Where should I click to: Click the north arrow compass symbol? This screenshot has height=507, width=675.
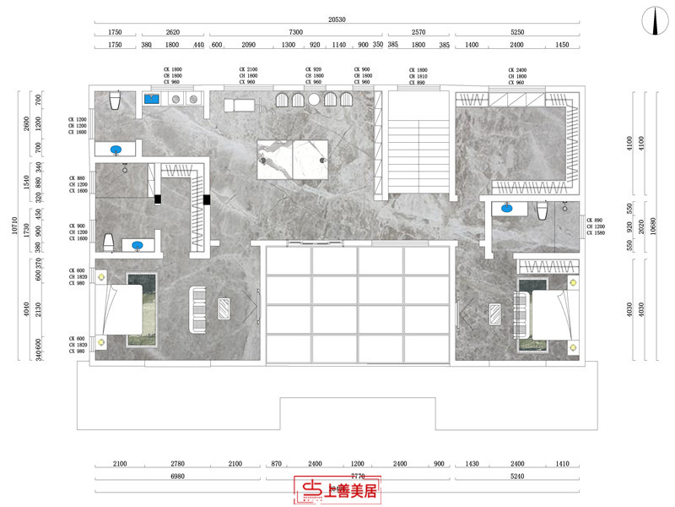pyautogui.click(x=653, y=22)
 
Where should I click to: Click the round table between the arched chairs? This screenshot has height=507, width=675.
pyautogui.click(x=314, y=100)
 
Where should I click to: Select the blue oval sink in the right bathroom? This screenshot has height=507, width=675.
pyautogui.click(x=508, y=207)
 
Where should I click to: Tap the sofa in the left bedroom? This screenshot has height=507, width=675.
pyautogui.click(x=197, y=310)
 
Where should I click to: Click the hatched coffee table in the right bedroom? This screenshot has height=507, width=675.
pyautogui.click(x=494, y=315)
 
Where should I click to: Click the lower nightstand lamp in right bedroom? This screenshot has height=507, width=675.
pyautogui.click(x=573, y=345)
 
